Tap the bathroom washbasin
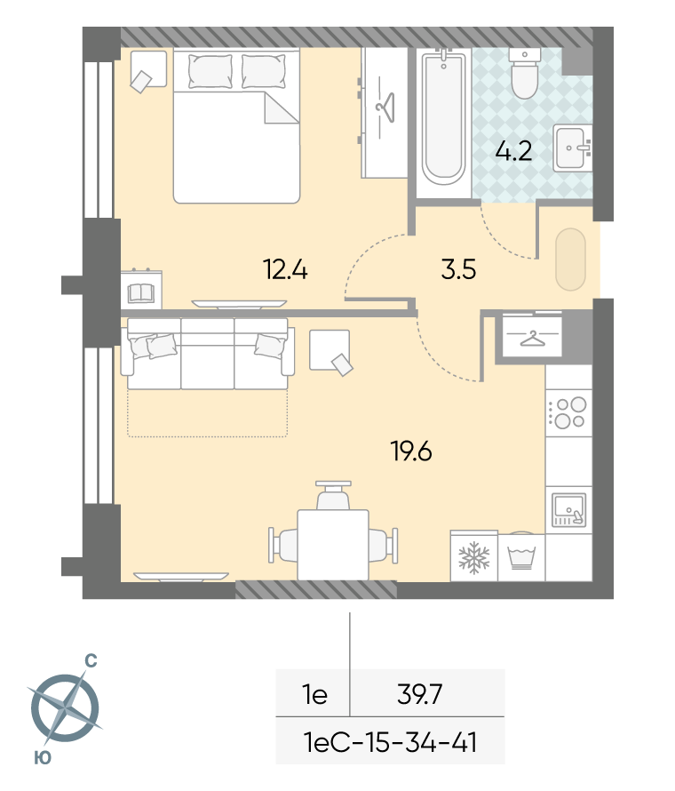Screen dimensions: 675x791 (x=573, y=148)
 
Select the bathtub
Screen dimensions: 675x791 (x=443, y=117)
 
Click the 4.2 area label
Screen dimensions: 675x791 (x=513, y=151)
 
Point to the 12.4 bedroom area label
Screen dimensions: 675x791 (x=285, y=269)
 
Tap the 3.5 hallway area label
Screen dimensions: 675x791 (x=458, y=269)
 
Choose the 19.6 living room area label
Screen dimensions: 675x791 (x=411, y=451)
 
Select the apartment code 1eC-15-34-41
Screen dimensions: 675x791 (x=390, y=742)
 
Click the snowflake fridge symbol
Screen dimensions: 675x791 (x=474, y=557)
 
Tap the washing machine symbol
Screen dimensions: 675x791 (x=520, y=557)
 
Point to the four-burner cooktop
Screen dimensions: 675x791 (x=568, y=412)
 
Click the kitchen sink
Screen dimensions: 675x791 (x=568, y=510)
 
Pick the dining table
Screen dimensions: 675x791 (x=333, y=545)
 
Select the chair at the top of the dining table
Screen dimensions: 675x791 (x=333, y=494)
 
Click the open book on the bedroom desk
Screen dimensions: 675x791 (x=141, y=293)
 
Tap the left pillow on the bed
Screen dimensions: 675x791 (x=210, y=71)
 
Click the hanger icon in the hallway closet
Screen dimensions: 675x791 (x=532, y=339)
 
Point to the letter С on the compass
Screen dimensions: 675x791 (x=91, y=660)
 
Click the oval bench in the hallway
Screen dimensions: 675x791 (x=570, y=260)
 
